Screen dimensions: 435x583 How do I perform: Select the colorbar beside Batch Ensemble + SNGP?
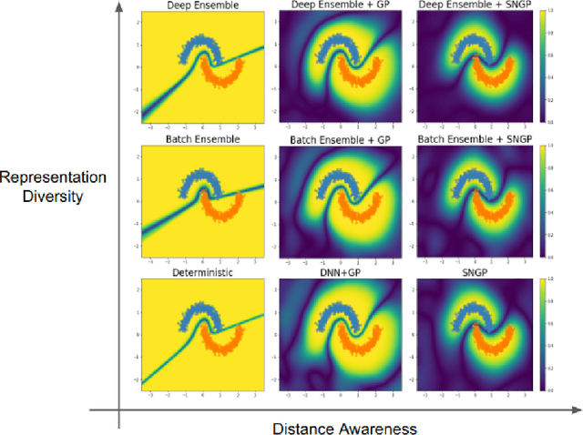click(x=543, y=201)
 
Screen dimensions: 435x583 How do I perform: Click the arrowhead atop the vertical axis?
click(x=119, y=8)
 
